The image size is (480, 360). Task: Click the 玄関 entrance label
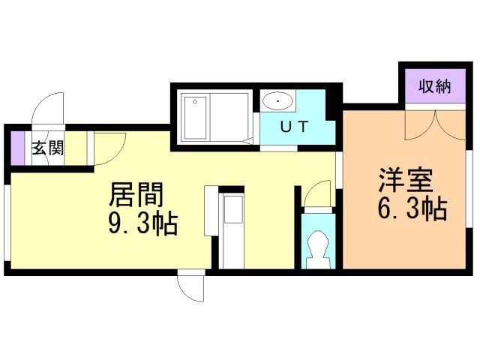(x=48, y=148)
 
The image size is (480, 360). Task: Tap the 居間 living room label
(x=136, y=195)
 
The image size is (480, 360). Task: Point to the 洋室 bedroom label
(x=406, y=180)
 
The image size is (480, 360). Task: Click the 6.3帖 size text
(x=412, y=209)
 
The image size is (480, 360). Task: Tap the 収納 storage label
(x=435, y=86)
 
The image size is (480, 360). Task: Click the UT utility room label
(x=294, y=127)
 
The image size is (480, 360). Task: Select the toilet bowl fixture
(x=318, y=249)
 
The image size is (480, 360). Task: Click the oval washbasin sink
(x=278, y=101)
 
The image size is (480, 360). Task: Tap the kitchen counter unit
(x=232, y=231)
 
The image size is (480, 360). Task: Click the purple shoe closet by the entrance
(x=17, y=148)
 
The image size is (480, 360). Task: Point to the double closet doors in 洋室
(x=435, y=125)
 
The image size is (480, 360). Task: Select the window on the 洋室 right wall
(x=469, y=189)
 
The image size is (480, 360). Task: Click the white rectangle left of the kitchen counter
(x=211, y=211)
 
